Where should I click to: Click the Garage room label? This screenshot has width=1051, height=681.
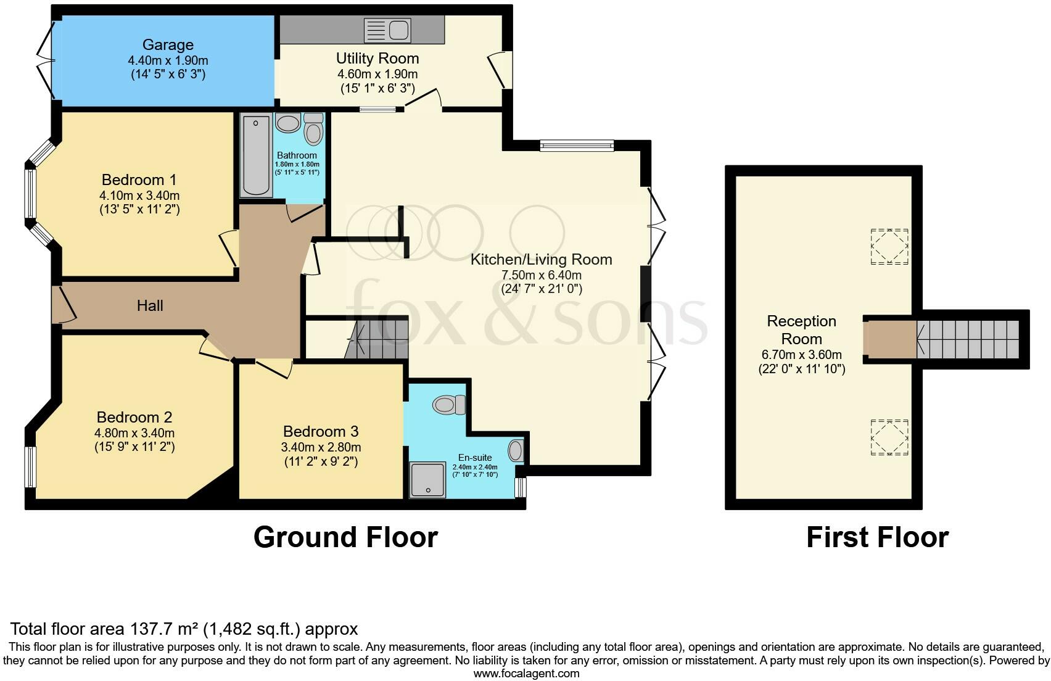[168, 44]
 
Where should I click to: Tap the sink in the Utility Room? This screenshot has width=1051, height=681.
[387, 30]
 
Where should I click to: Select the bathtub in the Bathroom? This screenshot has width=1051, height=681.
[256, 155]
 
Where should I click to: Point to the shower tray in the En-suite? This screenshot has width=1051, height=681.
[428, 480]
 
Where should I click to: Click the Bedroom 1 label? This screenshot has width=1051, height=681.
[139, 180]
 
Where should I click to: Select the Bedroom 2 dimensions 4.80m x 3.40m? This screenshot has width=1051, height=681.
[134, 433]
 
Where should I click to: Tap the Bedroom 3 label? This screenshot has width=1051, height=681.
[321, 431]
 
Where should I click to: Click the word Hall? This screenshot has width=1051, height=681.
[150, 305]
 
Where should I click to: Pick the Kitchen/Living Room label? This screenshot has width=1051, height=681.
[542, 260]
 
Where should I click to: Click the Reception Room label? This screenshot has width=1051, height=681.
[801, 330]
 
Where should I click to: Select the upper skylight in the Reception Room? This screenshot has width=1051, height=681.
[889, 246]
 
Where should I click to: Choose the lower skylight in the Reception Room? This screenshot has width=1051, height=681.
[889, 437]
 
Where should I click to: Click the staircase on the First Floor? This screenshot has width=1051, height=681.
[968, 339]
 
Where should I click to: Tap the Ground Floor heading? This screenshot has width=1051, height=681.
[346, 537]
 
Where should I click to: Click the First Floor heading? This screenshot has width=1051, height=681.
[878, 537]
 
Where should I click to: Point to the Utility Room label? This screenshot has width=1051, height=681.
[377, 58]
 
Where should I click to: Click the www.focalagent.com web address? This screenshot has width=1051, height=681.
[527, 674]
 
